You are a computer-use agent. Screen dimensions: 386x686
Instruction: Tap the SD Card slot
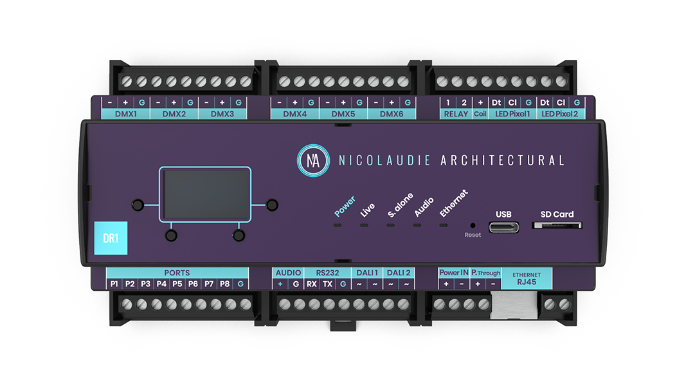[557, 226]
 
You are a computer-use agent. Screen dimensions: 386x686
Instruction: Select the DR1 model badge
[111, 238]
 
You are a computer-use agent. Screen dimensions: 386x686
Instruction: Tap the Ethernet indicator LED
[443, 226]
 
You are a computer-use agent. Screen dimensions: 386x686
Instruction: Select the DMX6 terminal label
[392, 114]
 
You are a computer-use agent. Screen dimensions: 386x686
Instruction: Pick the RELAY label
[456, 114]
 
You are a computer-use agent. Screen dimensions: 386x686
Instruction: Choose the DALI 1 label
[367, 273]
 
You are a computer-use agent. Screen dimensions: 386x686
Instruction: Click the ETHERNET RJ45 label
[527, 277]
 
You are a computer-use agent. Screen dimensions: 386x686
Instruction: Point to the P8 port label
[225, 284]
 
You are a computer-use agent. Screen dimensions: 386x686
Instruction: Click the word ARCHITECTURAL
[502, 160]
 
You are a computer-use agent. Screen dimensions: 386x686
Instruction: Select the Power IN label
[454, 273]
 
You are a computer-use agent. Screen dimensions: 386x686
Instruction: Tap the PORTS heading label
[177, 273]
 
